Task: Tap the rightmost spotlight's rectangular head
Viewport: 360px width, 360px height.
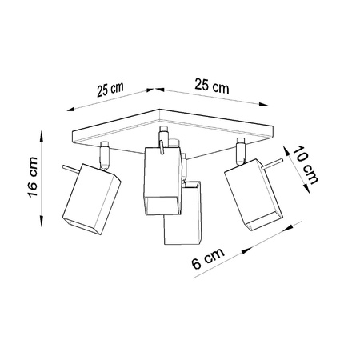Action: tap(252, 197)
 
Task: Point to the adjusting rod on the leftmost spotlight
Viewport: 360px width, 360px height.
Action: tap(67, 170)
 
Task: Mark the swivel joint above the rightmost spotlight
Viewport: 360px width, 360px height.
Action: tap(239, 148)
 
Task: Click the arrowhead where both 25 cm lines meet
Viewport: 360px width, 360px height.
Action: tap(154, 88)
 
